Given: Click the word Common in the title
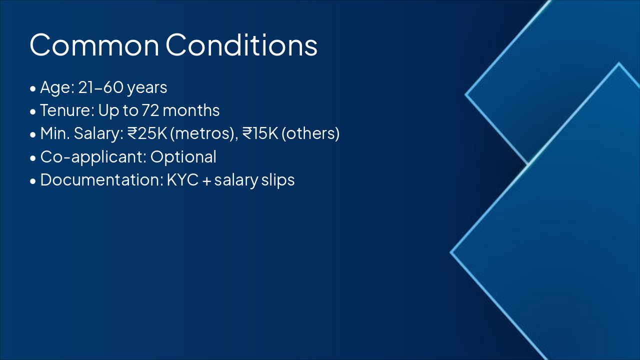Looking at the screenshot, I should (94, 44).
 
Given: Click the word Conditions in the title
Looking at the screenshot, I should (241, 44).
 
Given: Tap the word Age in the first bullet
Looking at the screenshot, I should (57, 87).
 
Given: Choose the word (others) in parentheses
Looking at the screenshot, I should (310, 133).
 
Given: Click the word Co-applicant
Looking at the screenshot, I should (92, 157).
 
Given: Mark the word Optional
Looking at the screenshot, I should (183, 157).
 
